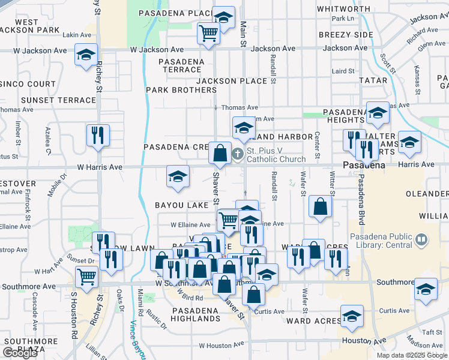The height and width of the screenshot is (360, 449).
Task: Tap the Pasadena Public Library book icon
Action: coord(422,241)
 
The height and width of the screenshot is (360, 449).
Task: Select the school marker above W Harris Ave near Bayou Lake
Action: coord(177,176)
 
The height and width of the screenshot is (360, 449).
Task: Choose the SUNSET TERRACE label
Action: coord(58,100)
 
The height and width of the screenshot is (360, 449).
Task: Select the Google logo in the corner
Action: coord(20,353)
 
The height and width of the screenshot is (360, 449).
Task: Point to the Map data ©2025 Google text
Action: coord(411,355)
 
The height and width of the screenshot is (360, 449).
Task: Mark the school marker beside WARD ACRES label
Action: coord(352,316)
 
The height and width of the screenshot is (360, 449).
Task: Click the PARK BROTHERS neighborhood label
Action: coord(181,90)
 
